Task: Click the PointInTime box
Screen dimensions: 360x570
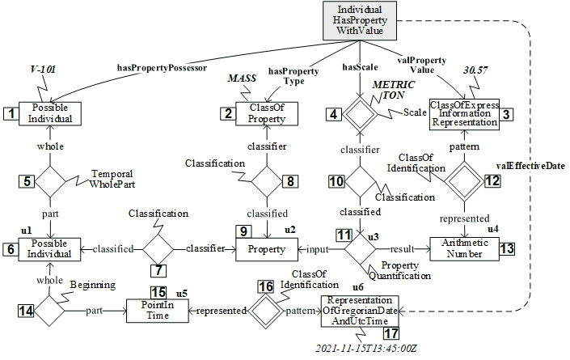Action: point(157,309)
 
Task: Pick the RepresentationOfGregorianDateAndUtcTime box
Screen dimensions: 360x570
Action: point(359,309)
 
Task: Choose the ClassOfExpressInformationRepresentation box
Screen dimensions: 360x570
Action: point(464,114)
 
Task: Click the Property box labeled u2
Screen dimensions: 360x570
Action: point(266,249)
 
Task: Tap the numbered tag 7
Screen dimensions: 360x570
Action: point(158,268)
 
